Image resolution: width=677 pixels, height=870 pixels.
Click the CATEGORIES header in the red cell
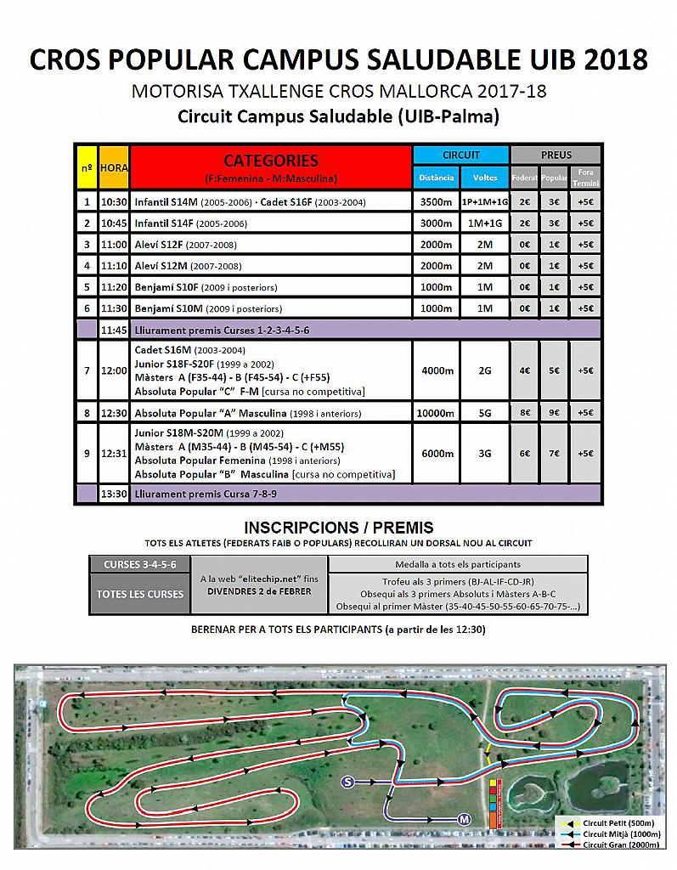270,161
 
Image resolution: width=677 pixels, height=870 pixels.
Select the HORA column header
114,168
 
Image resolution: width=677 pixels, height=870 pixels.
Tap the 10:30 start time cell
114,202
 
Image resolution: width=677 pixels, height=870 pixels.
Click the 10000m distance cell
436,413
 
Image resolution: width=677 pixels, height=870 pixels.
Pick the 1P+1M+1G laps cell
484,202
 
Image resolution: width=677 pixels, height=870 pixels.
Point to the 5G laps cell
484,413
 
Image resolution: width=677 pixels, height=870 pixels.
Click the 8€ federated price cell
525,413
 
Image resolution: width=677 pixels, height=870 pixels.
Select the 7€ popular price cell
555,454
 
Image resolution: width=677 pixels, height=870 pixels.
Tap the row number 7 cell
86,371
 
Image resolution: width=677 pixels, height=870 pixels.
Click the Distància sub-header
436,178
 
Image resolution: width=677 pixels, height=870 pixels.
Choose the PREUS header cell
556,155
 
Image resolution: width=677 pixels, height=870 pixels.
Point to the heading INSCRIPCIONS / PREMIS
338,528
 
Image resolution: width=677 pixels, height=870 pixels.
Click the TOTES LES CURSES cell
139,594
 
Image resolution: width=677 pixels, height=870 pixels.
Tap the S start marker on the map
347,781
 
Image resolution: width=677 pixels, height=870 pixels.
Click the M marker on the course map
464,820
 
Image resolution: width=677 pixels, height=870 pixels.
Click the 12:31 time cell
114,454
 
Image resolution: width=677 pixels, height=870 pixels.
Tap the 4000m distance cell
436,371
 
